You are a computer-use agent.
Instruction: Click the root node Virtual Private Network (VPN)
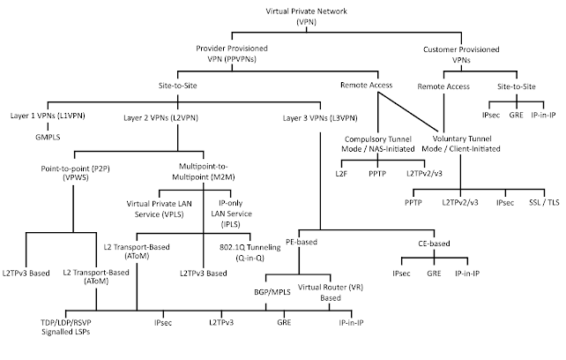click(307, 16)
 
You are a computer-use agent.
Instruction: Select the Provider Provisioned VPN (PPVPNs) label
click(232, 54)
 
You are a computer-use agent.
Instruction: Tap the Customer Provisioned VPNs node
click(461, 55)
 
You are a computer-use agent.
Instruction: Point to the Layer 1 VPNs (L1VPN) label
click(48, 116)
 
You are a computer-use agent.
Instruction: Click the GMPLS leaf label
click(48, 138)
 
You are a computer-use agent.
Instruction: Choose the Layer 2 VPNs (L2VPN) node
click(160, 118)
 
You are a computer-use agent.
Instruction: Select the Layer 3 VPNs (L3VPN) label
click(320, 118)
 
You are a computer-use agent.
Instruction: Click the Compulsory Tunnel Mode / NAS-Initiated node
click(378, 144)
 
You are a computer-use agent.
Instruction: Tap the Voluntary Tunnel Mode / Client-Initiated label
click(461, 144)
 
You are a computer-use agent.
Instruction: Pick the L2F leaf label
click(341, 174)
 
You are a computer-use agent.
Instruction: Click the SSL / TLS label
click(544, 202)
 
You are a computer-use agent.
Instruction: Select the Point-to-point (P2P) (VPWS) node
click(75, 173)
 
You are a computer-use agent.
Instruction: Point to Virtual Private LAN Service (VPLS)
click(160, 209)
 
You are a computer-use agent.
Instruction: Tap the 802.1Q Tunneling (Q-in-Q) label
click(250, 252)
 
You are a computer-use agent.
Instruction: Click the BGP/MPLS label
click(272, 292)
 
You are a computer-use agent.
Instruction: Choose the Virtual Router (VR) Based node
click(331, 292)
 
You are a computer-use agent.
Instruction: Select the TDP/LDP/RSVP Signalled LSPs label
click(66, 326)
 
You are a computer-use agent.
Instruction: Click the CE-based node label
click(434, 244)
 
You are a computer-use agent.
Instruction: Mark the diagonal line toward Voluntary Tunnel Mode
click(408, 112)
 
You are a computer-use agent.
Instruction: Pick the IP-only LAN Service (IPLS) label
click(231, 214)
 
